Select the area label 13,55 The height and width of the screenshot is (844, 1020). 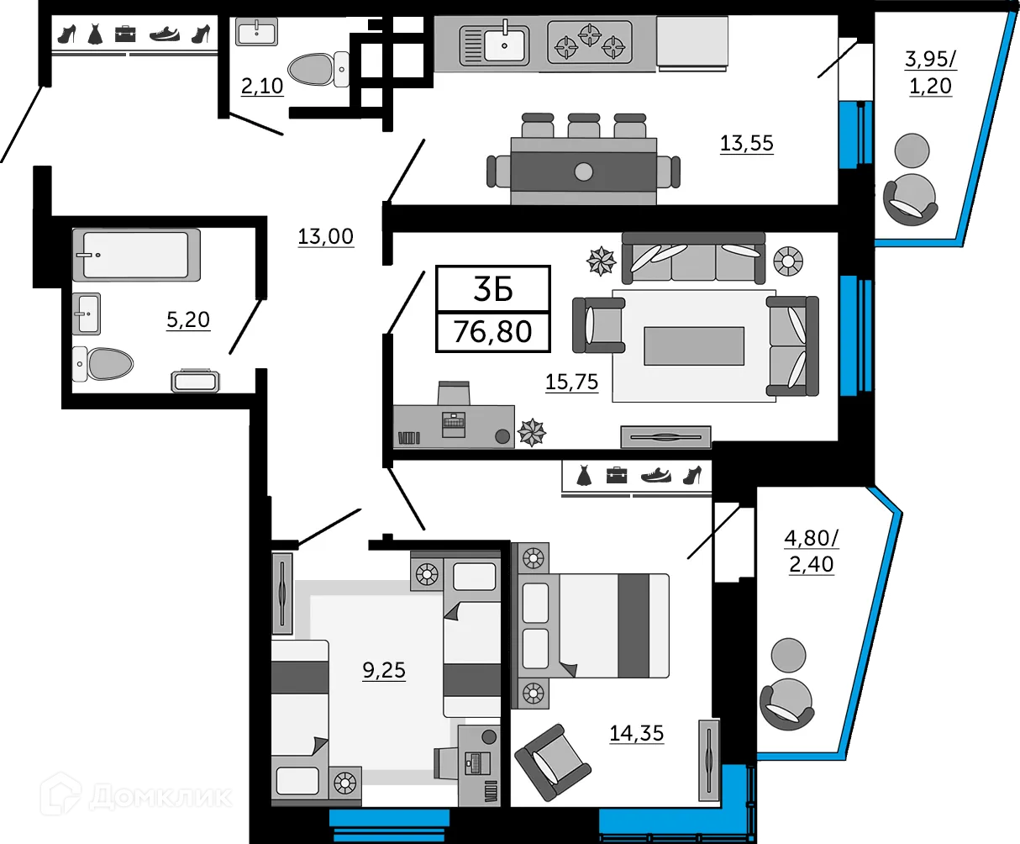(x=746, y=144)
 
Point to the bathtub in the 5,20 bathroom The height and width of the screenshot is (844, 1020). (x=136, y=254)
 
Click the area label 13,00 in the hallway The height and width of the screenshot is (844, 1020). (x=325, y=237)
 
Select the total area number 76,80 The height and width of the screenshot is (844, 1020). (x=493, y=331)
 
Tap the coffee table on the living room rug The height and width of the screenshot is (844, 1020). (x=694, y=346)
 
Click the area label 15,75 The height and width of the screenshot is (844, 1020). (x=571, y=382)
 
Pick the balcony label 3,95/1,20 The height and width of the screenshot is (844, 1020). (x=930, y=72)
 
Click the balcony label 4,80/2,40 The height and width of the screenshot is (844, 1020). (x=811, y=551)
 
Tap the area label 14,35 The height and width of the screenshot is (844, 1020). (x=636, y=733)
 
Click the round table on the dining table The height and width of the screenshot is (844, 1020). (x=583, y=172)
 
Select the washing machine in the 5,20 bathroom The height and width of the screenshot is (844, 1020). (x=195, y=381)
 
